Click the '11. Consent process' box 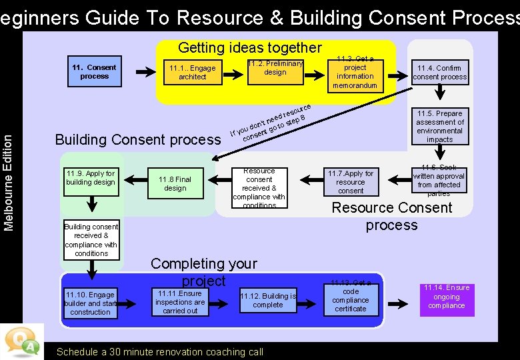94,71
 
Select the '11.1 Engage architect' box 192,72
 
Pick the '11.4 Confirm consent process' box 439,73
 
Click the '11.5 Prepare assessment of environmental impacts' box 439,126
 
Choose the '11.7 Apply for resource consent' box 350,181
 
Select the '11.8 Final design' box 175,183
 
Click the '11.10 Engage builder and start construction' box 91,303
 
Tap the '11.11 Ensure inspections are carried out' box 180,302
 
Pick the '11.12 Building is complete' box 268,301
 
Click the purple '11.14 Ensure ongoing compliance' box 447,297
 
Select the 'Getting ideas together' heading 249,47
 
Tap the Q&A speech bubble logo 22,341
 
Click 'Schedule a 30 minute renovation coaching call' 160,352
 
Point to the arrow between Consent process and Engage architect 144,72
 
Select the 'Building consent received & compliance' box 91,240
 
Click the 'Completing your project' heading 203,272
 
